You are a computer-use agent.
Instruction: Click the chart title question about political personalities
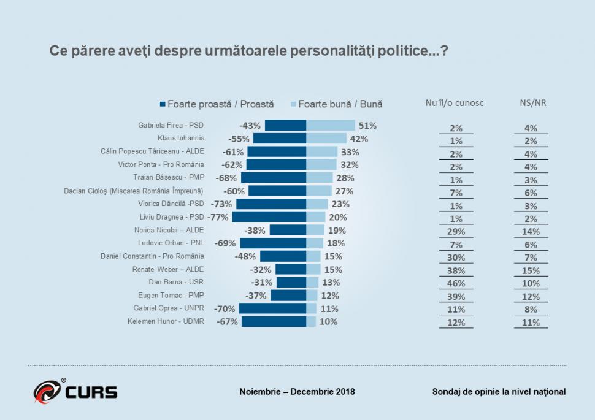point(248,52)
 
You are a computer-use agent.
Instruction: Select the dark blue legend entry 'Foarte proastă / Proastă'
point(217,104)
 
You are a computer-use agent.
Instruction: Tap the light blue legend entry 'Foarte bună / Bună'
point(340,104)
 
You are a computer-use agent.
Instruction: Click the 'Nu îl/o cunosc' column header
point(455,103)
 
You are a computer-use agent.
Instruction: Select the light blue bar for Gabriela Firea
point(330,126)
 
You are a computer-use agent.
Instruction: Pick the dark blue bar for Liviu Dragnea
point(269,217)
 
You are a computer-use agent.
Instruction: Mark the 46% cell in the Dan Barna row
point(456,283)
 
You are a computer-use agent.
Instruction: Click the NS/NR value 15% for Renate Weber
point(531,270)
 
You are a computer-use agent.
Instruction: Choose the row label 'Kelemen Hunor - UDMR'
point(165,321)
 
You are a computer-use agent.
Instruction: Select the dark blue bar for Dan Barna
point(291,283)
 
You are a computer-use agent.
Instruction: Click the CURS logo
point(75,391)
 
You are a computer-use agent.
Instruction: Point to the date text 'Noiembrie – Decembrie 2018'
point(297,392)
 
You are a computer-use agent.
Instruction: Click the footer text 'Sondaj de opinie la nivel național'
point(499,392)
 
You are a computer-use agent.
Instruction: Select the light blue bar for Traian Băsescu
point(319,178)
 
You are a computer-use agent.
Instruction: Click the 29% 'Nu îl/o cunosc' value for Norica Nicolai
point(456,231)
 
